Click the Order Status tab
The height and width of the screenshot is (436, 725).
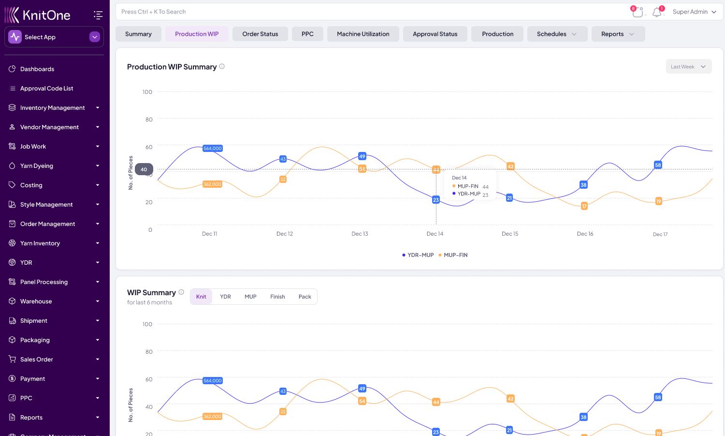pos(260,34)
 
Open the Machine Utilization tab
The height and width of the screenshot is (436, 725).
pos(363,34)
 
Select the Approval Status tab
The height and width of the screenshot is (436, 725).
pos(435,34)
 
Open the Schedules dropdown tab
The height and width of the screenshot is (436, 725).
pos(557,34)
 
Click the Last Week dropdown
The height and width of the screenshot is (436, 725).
pos(688,67)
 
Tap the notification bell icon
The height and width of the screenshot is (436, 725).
pos(657,12)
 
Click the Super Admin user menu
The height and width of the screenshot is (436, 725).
pos(694,12)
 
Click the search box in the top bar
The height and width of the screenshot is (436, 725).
pos(367,12)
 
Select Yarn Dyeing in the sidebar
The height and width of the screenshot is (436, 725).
pos(37,165)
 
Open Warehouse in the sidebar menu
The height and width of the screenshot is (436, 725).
pos(36,301)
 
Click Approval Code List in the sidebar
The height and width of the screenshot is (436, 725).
pos(46,88)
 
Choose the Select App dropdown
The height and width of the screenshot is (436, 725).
pos(54,37)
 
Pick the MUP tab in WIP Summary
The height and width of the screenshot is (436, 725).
pos(250,297)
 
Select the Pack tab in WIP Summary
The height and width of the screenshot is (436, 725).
pos(304,297)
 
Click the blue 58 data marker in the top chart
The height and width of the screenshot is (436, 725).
pos(658,165)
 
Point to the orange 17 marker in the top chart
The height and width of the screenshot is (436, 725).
pos(584,206)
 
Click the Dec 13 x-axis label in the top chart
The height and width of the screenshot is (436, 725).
pos(360,234)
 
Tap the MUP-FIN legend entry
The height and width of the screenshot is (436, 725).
pos(455,255)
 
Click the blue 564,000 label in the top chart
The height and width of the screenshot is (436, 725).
pos(213,149)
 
